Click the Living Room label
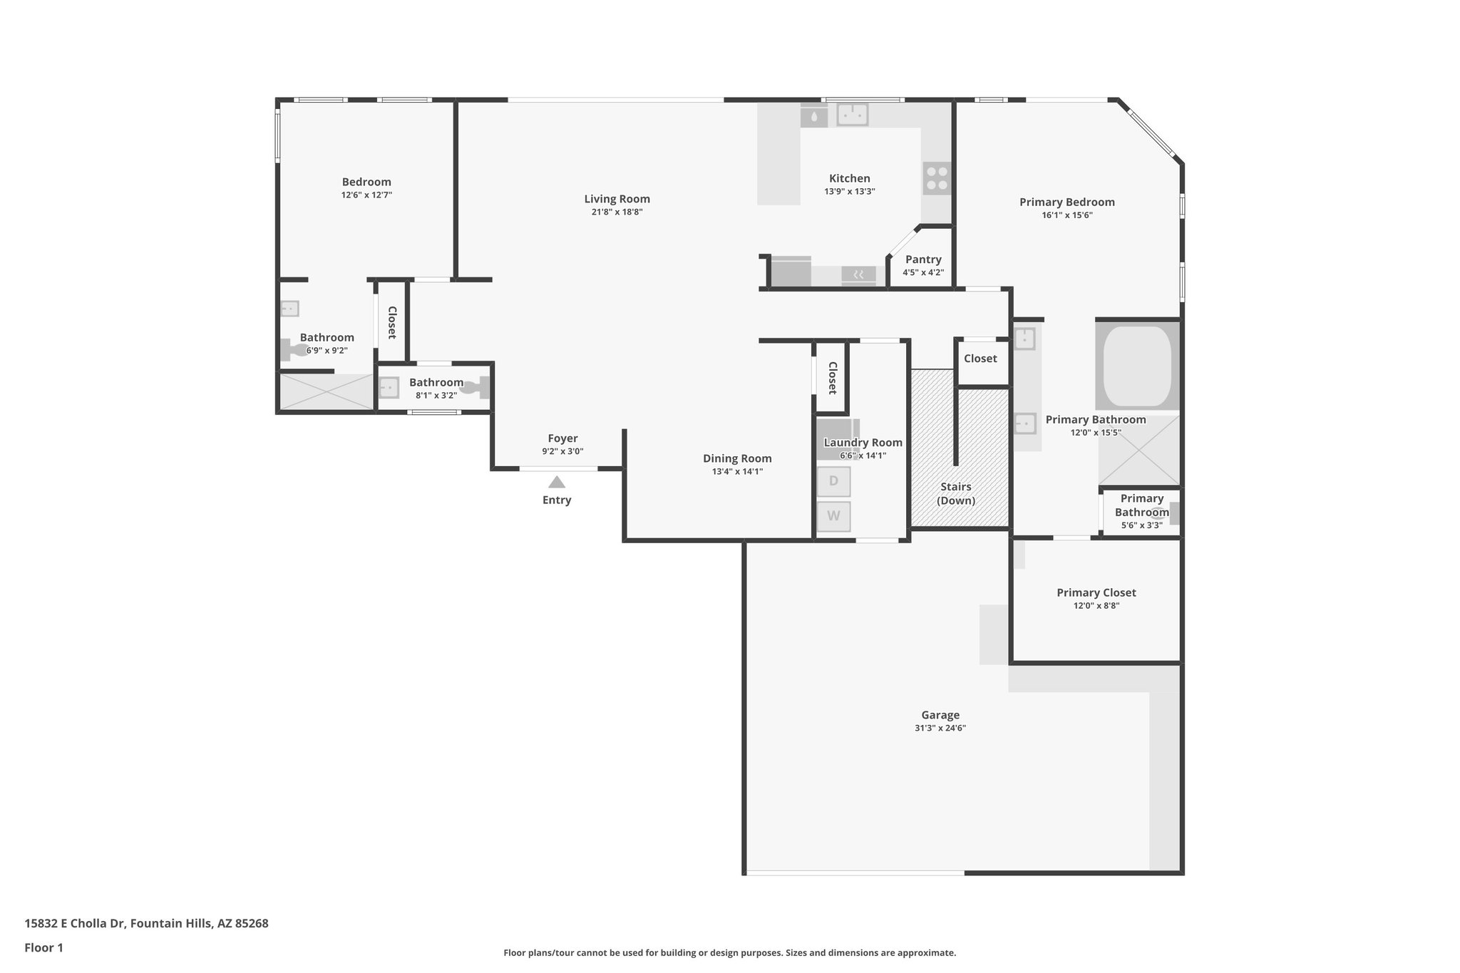click(x=617, y=199)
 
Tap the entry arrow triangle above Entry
click(x=557, y=483)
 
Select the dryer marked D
click(x=833, y=481)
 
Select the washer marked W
click(x=833, y=516)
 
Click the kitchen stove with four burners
click(x=937, y=178)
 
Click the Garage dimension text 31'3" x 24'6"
click(x=940, y=728)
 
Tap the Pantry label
click(x=923, y=259)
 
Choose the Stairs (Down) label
click(x=955, y=493)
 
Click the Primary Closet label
click(x=1096, y=592)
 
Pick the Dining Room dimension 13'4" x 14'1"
click(x=737, y=471)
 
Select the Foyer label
click(x=562, y=438)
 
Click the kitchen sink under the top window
click(x=852, y=114)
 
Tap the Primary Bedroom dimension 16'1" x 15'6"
click(x=1066, y=215)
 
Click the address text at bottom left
click(x=146, y=923)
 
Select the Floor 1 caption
click(x=43, y=947)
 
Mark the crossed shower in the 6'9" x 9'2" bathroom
click(x=326, y=391)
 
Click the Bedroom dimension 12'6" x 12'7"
click(x=366, y=195)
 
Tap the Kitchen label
click(x=849, y=178)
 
